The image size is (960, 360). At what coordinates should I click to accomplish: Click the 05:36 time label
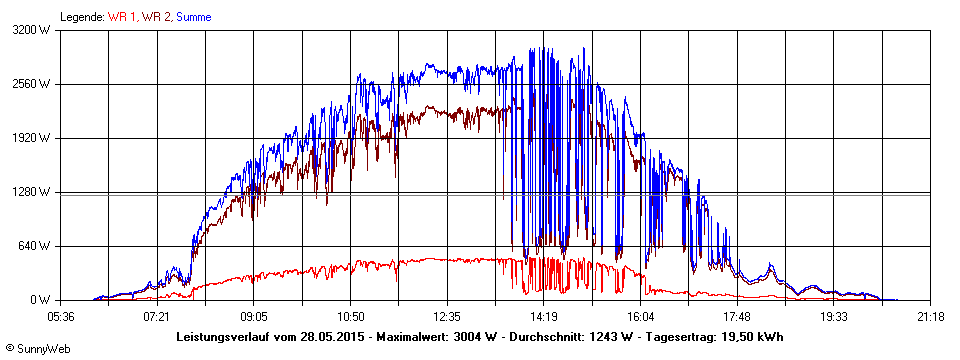click(61, 316)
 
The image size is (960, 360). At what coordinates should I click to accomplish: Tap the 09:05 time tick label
click(254, 316)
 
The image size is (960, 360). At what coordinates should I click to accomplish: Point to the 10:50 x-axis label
click(350, 316)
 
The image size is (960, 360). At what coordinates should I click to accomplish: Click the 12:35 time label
click(447, 316)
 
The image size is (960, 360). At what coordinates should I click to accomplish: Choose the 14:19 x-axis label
click(544, 316)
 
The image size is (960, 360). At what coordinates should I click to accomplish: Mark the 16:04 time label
click(640, 316)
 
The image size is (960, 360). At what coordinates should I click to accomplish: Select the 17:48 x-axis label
click(737, 316)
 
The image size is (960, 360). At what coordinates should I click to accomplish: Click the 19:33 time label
click(834, 316)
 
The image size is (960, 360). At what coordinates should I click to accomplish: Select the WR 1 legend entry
click(123, 17)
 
